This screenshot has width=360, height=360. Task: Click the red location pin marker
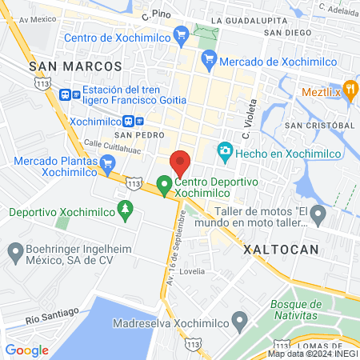coord(181,162)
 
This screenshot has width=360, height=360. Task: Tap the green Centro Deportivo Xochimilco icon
coord(165,186)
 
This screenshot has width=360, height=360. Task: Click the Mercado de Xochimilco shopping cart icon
coord(210,58)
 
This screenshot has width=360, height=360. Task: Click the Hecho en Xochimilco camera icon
coord(225,151)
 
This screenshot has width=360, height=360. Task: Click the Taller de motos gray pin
coord(318,214)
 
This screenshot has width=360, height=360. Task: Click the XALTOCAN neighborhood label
coord(281,250)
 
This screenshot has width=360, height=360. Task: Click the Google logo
coord(26,350)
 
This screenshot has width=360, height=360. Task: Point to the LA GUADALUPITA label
coord(249,19)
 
